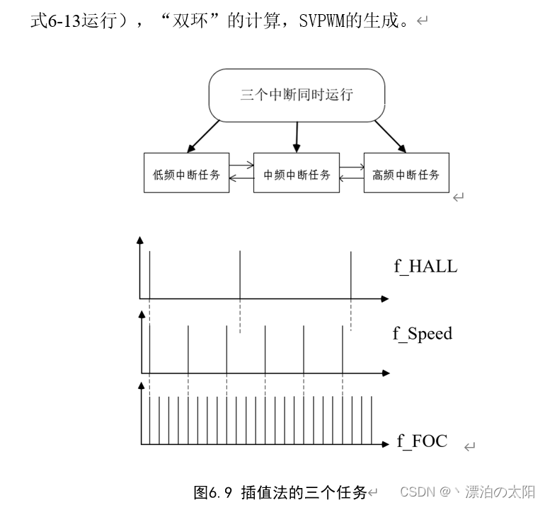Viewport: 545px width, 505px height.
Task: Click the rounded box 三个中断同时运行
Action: click(297, 95)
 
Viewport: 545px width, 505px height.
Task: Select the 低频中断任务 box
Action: click(187, 173)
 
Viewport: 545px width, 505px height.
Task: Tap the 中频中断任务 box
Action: click(297, 173)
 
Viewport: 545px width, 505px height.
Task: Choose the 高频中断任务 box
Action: click(406, 173)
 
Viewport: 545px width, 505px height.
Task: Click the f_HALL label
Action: click(425, 267)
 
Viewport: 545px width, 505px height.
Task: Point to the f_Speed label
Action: click(423, 334)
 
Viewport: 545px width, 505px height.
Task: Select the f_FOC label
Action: click(422, 441)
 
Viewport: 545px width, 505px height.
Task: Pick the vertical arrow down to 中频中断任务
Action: click(297, 136)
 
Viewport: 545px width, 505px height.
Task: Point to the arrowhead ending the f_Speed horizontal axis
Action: click(384, 371)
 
